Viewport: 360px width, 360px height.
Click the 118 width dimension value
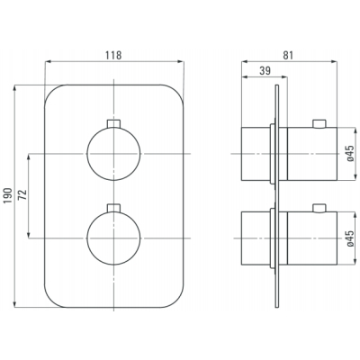click(x=113, y=55)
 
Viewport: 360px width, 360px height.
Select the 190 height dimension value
click(x=8, y=195)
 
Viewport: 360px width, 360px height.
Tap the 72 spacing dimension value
click(x=22, y=194)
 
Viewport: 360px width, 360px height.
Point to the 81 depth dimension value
click(x=288, y=55)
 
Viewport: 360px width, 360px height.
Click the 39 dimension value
click(x=265, y=71)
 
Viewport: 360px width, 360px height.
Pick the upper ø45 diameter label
click(x=350, y=153)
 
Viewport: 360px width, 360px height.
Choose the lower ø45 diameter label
click(x=350, y=238)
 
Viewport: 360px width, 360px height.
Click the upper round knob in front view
click(x=113, y=154)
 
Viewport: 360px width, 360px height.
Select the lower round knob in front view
click(x=113, y=238)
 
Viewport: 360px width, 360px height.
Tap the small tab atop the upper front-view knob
click(x=113, y=123)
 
